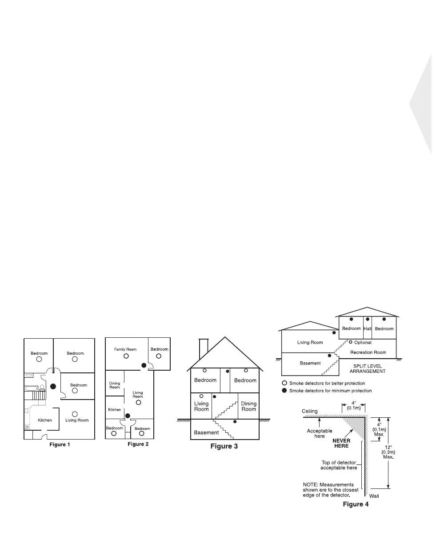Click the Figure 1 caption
pyautogui.click(x=59, y=444)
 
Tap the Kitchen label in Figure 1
pyautogui.click(x=44, y=420)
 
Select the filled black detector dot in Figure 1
pyautogui.click(x=53, y=386)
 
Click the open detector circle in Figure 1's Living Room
pyautogui.click(x=75, y=414)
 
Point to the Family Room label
pyautogui.click(x=125, y=349)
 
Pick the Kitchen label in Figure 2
pyautogui.click(x=115, y=409)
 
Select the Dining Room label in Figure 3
pyautogui.click(x=248, y=406)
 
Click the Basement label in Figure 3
pyautogui.click(x=206, y=432)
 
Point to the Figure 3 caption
pyautogui.click(x=224, y=446)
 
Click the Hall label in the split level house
pyautogui.click(x=367, y=328)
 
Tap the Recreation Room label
pyautogui.click(x=368, y=352)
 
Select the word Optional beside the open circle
pyautogui.click(x=363, y=343)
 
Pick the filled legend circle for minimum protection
pyautogui.click(x=284, y=391)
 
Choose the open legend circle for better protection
pyautogui.click(x=284, y=383)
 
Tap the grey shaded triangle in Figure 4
pyautogui.click(x=358, y=425)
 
